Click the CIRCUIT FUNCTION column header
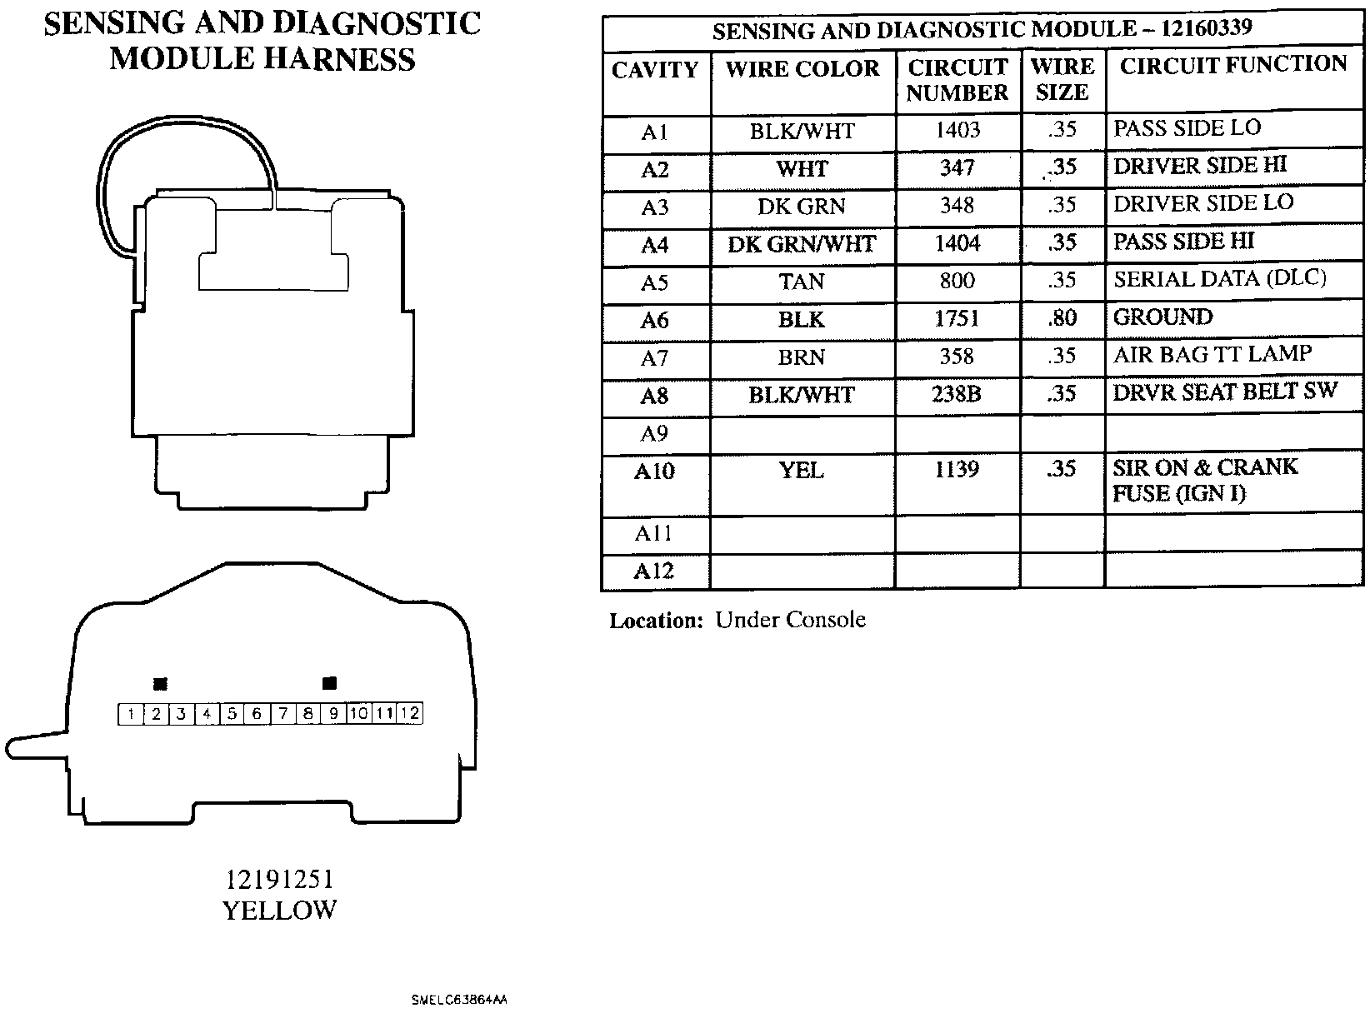coord(1232,66)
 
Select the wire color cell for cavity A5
coord(802,282)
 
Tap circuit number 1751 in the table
coord(957,319)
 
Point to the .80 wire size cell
coord(1062,318)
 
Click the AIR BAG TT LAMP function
coord(1212,355)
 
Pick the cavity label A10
coord(654,472)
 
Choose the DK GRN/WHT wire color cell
coord(802,245)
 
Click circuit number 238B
coord(957,394)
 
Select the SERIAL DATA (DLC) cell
coord(1219,279)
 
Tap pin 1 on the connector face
coord(131,714)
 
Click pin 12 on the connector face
coord(410,714)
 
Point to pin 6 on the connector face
coord(257,714)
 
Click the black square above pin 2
coord(161,684)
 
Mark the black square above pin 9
coord(329,683)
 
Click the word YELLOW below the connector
coord(279,911)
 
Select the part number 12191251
coord(279,880)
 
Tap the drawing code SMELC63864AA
coord(458,999)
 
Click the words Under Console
coord(790,621)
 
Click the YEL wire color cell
coord(802,471)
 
